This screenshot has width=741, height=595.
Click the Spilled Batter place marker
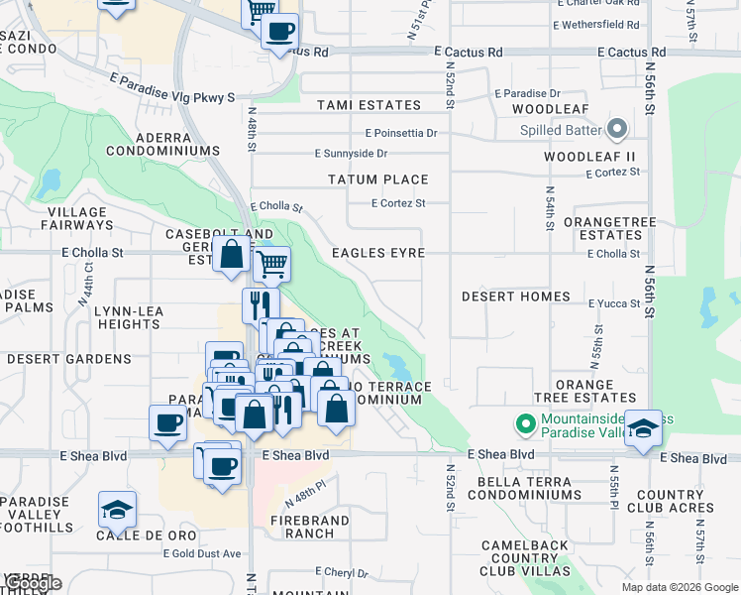(x=618, y=130)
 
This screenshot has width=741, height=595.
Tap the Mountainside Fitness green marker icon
(x=525, y=425)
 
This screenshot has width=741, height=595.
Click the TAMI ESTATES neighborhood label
(x=369, y=105)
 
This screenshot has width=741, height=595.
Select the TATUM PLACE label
(x=378, y=179)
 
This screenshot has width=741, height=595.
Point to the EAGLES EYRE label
(x=378, y=253)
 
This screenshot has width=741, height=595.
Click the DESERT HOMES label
(x=516, y=297)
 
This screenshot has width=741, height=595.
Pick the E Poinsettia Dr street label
(x=400, y=132)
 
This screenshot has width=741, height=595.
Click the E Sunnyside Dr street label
(x=351, y=154)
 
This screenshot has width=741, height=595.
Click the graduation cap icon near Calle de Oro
(x=117, y=510)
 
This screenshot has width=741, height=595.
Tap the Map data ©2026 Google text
(x=679, y=587)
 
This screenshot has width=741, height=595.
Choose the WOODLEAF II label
(x=588, y=157)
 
